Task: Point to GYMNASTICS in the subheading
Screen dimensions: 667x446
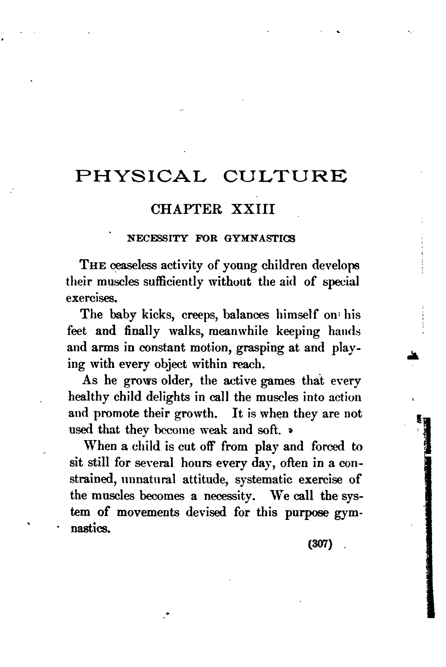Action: point(260,238)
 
